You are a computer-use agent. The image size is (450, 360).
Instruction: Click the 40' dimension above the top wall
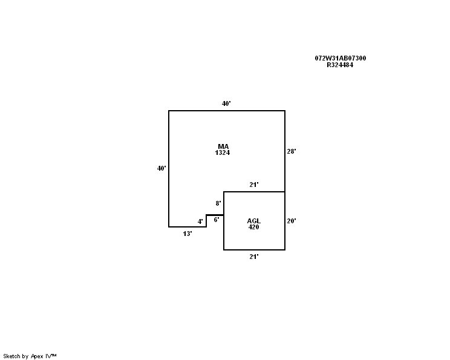[x=226, y=103]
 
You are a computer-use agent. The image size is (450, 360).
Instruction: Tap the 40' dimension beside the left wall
[x=161, y=168]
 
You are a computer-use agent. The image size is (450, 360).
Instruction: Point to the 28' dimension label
[x=292, y=151]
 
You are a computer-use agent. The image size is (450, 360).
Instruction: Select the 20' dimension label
[x=292, y=221]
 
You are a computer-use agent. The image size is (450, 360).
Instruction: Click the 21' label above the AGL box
[x=253, y=185]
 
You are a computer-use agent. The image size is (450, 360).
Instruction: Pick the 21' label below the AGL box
[x=253, y=257]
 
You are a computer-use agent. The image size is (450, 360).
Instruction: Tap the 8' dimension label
[x=218, y=203]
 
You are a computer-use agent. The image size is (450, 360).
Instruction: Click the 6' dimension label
[x=217, y=220]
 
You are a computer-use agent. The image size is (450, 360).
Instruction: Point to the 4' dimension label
[x=200, y=221]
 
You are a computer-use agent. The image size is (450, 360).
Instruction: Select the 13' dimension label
[x=187, y=234]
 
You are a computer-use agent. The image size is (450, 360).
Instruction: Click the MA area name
[x=223, y=146]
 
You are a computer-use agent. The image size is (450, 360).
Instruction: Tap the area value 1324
[x=223, y=152]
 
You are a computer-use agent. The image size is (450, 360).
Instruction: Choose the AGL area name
[x=253, y=221]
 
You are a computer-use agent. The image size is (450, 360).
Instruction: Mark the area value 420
[x=253, y=227]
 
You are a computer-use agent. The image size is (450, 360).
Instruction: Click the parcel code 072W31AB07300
[x=341, y=58]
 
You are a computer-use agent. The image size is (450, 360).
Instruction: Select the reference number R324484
[x=340, y=65]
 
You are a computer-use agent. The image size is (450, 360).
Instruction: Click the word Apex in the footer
[x=37, y=356]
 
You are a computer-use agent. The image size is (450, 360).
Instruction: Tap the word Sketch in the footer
[x=11, y=356]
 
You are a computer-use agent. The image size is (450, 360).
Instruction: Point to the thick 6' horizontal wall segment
[x=215, y=215]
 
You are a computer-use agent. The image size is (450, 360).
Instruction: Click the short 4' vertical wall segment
[x=206, y=221]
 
